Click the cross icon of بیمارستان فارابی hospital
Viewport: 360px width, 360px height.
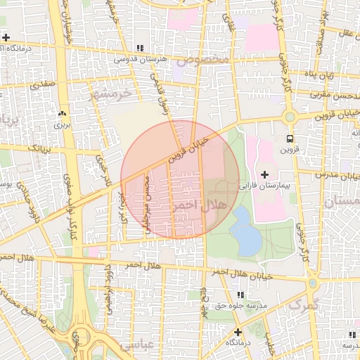coord(264,174)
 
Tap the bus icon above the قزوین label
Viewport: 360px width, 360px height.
coord(290,139)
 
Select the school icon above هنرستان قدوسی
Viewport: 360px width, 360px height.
coord(140,48)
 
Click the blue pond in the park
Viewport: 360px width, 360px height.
coord(246,231)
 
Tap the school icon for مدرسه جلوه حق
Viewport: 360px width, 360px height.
coord(240,295)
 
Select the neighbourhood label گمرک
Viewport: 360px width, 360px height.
coord(304,305)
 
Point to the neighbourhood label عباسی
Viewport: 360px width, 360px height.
coord(136,345)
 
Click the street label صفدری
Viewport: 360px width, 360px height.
coord(41,84)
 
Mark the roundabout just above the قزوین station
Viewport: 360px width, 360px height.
coord(289,116)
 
